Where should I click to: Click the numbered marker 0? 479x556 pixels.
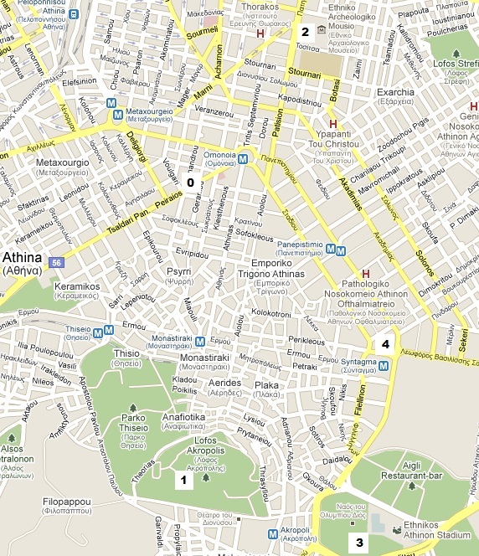(x=190, y=182)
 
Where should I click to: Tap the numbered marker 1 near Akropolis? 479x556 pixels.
(x=183, y=480)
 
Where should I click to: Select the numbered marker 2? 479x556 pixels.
(x=305, y=33)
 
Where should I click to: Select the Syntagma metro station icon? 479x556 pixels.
(x=384, y=364)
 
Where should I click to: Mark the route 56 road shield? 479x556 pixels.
(x=57, y=263)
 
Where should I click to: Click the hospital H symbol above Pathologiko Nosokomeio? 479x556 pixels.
(x=364, y=275)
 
